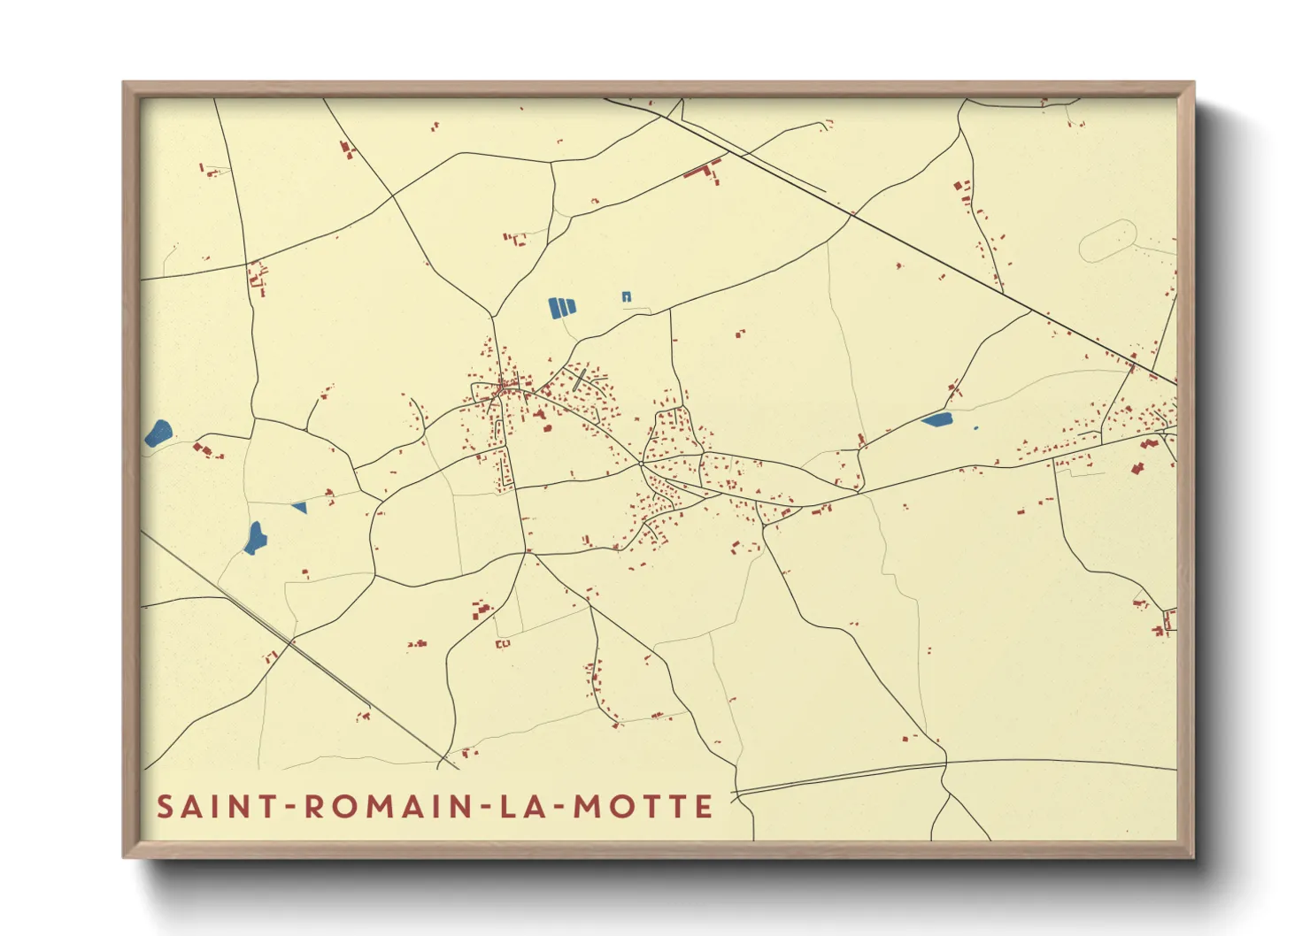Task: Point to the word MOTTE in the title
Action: (x=643, y=807)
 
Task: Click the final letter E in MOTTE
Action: (x=705, y=807)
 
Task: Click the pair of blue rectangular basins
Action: (x=562, y=308)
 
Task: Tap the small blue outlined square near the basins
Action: (x=627, y=296)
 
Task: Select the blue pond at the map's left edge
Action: (x=159, y=433)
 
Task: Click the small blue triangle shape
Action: (x=300, y=507)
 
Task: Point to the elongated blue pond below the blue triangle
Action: (x=255, y=538)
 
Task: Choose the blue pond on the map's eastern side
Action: (x=936, y=419)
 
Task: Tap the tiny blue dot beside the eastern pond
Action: (x=975, y=428)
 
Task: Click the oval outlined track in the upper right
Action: (x=1107, y=240)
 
